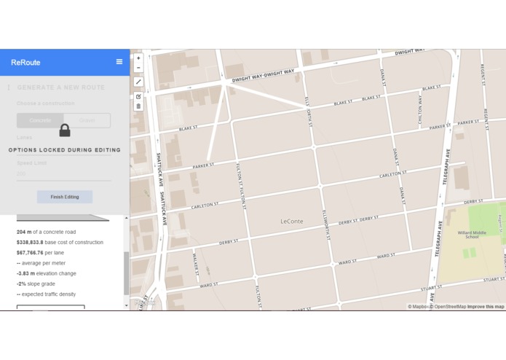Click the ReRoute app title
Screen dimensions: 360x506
(25, 63)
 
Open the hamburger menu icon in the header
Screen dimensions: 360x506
(119, 62)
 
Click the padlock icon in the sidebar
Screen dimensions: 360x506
(65, 130)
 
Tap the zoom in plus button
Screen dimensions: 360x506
(138, 58)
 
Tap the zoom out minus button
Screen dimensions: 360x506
(138, 68)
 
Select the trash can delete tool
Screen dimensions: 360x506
(138, 106)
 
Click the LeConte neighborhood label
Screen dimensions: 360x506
(292, 221)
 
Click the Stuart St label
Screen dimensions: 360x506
(492, 279)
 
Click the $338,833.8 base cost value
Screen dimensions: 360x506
(30, 242)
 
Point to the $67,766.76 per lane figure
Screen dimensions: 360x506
(30, 253)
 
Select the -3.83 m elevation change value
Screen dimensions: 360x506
(25, 273)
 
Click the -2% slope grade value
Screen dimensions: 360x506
(21, 283)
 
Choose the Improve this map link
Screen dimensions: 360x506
(486, 307)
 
